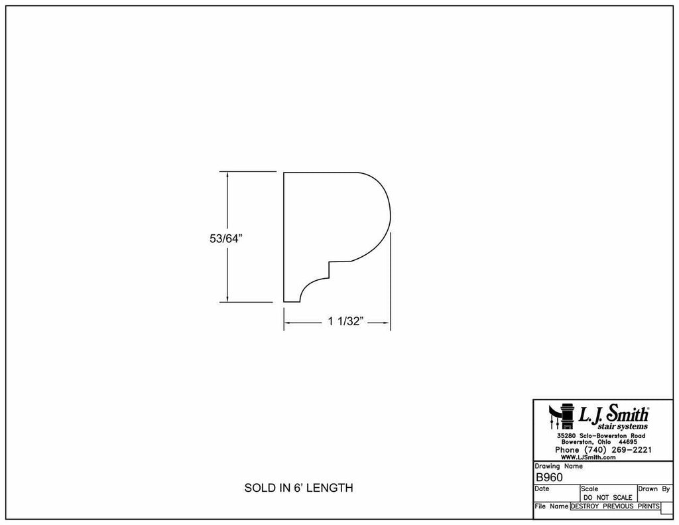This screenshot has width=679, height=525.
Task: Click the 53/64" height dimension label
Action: point(226,240)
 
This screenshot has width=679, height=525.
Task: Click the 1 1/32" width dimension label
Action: point(345,323)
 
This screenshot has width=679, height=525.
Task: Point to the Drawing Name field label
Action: point(559,466)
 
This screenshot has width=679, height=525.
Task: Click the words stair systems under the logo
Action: point(623,426)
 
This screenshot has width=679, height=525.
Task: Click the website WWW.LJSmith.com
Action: point(589,457)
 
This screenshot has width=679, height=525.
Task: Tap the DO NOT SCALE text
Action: point(607,497)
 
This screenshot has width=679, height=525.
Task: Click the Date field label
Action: point(542,488)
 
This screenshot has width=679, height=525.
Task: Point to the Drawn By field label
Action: point(654,488)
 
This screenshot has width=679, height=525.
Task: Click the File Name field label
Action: point(551,506)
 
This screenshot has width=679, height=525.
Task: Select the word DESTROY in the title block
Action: point(586,506)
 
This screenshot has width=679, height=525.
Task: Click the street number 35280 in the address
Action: point(568,435)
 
